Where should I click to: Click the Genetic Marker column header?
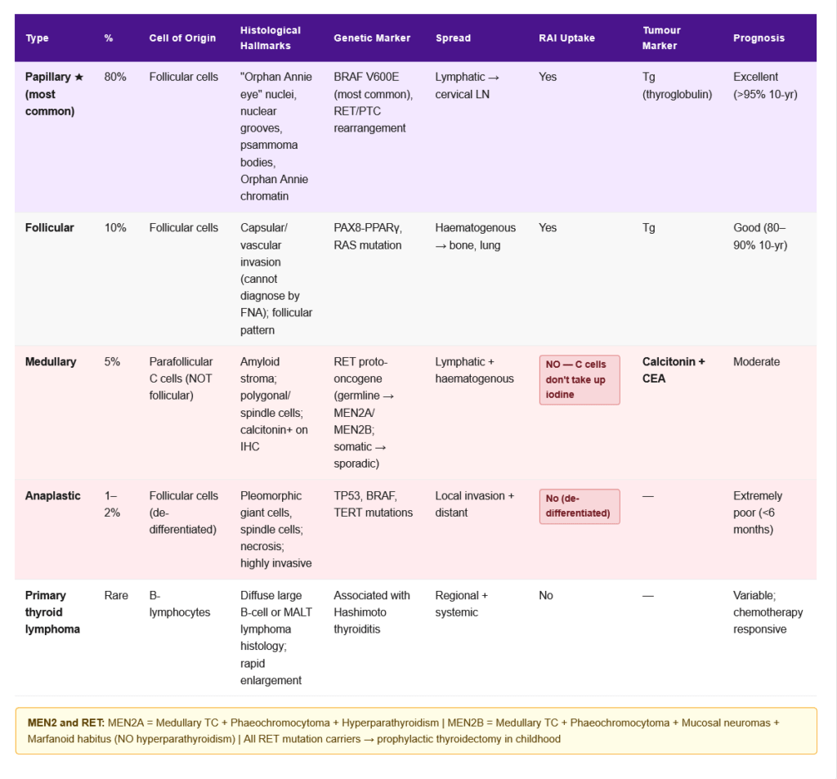tap(372, 38)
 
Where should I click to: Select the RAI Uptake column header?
tap(566, 38)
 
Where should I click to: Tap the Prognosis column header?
tap(759, 38)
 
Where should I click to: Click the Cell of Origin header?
tap(182, 38)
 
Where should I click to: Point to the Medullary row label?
tap(51, 361)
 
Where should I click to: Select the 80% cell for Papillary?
tap(115, 77)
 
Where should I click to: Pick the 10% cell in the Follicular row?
tap(115, 227)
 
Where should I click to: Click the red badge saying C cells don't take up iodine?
tap(580, 379)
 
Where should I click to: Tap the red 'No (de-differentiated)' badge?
tap(580, 506)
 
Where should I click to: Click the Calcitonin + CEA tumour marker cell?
tap(674, 369)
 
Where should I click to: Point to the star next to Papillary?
tap(78, 77)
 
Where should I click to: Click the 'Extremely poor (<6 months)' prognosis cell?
tap(758, 513)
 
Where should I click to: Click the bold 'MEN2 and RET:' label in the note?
tap(65, 723)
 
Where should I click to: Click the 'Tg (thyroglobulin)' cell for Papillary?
tap(677, 85)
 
